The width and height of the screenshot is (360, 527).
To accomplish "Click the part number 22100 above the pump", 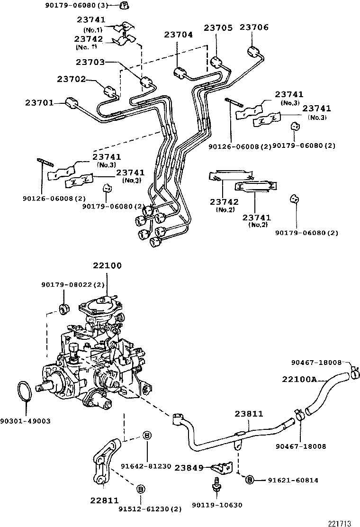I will [107, 266].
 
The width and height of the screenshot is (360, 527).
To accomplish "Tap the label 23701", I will [39, 102].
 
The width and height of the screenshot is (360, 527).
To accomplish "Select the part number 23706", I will [254, 28].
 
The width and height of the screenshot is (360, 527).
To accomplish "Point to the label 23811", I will [249, 414].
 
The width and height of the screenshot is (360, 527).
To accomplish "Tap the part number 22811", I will [104, 500].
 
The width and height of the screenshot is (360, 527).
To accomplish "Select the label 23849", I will [189, 468].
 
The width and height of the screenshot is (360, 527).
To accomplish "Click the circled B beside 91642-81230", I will [147, 436].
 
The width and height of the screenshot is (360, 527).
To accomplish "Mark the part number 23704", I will [179, 35].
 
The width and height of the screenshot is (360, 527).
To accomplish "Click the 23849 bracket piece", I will [221, 468].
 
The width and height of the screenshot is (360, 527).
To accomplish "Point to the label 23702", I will [72, 79].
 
